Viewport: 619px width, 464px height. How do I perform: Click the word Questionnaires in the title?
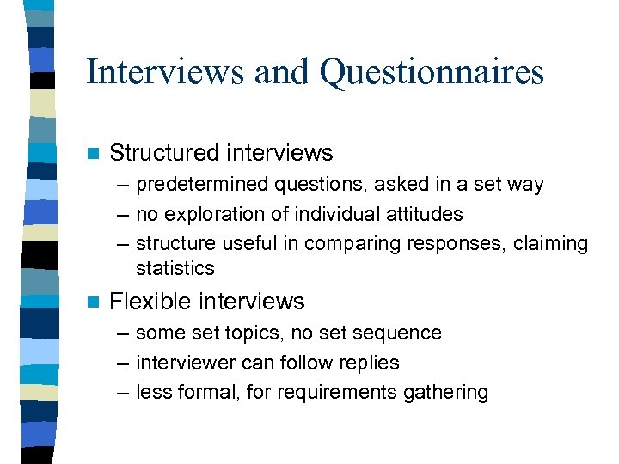[432, 72]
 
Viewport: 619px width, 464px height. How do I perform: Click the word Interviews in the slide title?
[164, 72]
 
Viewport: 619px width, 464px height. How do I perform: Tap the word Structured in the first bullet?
[164, 154]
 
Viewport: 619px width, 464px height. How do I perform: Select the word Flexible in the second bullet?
[152, 302]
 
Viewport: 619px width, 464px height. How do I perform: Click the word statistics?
[175, 268]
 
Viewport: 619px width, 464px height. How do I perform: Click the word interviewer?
[182, 363]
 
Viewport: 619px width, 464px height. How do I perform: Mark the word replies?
[368, 363]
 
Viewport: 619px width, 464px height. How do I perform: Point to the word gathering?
[448, 394]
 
